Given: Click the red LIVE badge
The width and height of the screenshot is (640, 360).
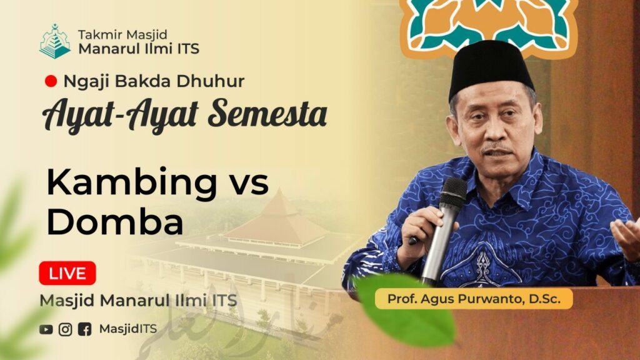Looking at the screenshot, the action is click(x=67, y=273).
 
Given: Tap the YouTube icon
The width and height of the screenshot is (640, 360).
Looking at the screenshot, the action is click(x=46, y=329).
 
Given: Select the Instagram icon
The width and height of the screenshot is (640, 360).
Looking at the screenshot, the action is click(x=65, y=329).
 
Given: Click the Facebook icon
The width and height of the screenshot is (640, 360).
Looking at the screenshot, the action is click(x=85, y=329).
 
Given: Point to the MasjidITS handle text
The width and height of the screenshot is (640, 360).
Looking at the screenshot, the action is click(x=127, y=329).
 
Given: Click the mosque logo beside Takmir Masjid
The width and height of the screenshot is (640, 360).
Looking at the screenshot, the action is click(x=55, y=41).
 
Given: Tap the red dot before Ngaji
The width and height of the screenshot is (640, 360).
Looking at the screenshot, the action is click(x=51, y=81).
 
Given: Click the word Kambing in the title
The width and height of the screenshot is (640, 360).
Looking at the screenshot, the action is click(x=132, y=183).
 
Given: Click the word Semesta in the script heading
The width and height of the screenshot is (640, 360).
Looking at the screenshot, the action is click(x=267, y=114).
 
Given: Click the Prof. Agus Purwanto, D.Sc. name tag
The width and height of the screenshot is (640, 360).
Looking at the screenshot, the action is click(x=474, y=299).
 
